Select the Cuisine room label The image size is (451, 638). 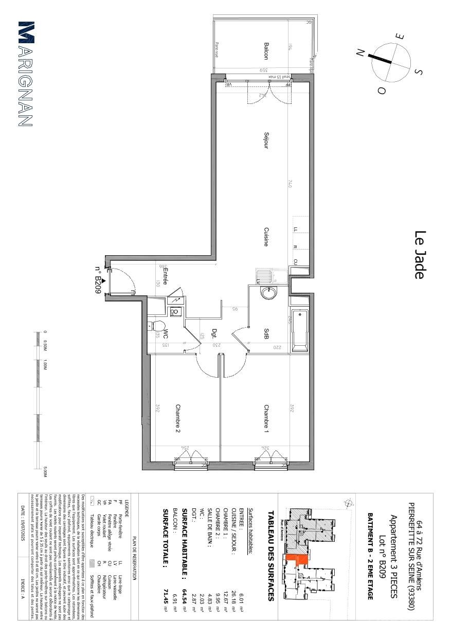tap(266, 237)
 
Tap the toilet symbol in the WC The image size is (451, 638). tap(156, 326)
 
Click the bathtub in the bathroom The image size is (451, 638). tap(299, 330)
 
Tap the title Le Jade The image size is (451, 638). tap(420, 255)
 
